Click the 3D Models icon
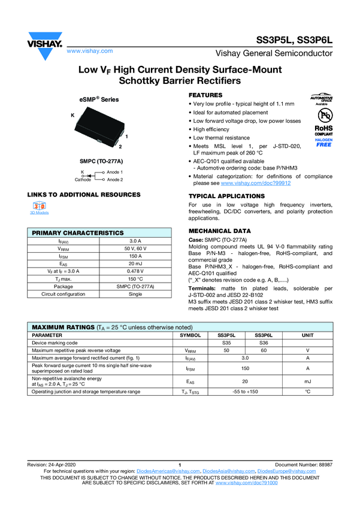40,206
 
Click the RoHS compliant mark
323,131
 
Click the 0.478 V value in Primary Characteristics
136,271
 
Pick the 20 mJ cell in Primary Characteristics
136,263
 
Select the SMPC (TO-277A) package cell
136,287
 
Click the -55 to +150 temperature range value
245,391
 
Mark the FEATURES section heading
205,96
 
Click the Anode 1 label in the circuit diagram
115,172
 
